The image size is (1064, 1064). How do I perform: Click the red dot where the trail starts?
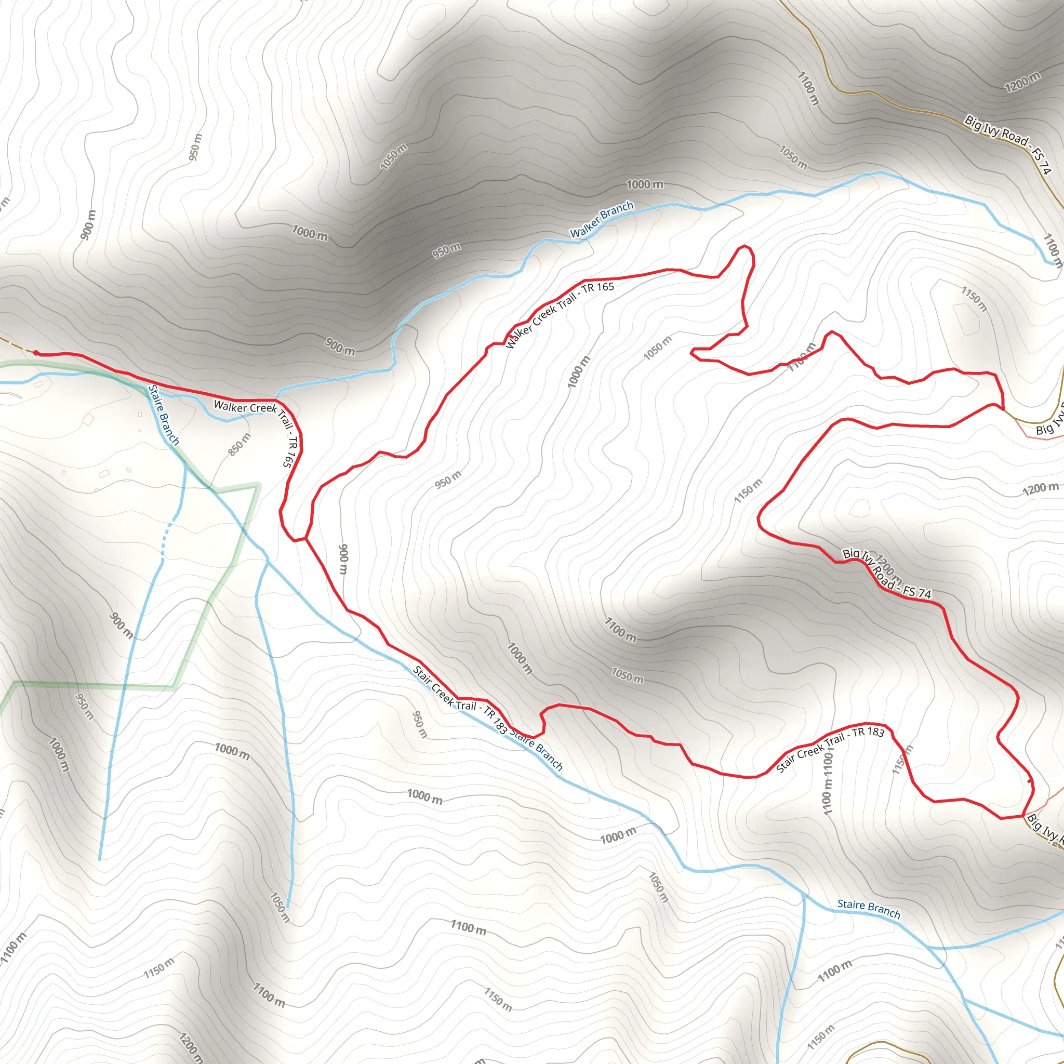[36, 352]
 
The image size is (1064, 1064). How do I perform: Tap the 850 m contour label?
[239, 444]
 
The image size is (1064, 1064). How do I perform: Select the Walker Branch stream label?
[602, 220]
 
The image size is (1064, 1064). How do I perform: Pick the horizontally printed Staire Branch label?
[869, 909]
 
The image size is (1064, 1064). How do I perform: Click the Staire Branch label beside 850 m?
[164, 415]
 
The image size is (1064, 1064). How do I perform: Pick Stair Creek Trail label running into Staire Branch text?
[460, 699]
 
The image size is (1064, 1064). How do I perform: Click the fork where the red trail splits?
[305, 538]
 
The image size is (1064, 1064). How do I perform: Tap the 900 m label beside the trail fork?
[343, 558]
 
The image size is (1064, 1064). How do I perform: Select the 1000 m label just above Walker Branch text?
[644, 184]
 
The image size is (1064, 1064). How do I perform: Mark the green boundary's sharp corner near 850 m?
[258, 485]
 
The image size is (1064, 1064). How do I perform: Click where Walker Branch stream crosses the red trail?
[276, 400]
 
